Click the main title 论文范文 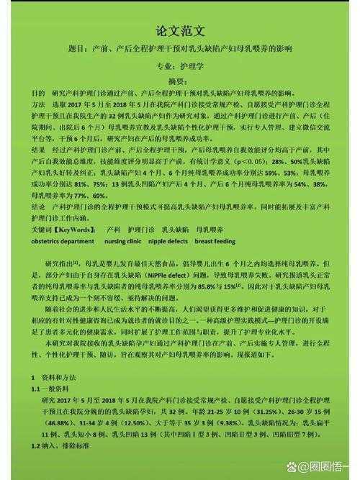point(181,31)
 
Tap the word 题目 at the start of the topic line point(84,51)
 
